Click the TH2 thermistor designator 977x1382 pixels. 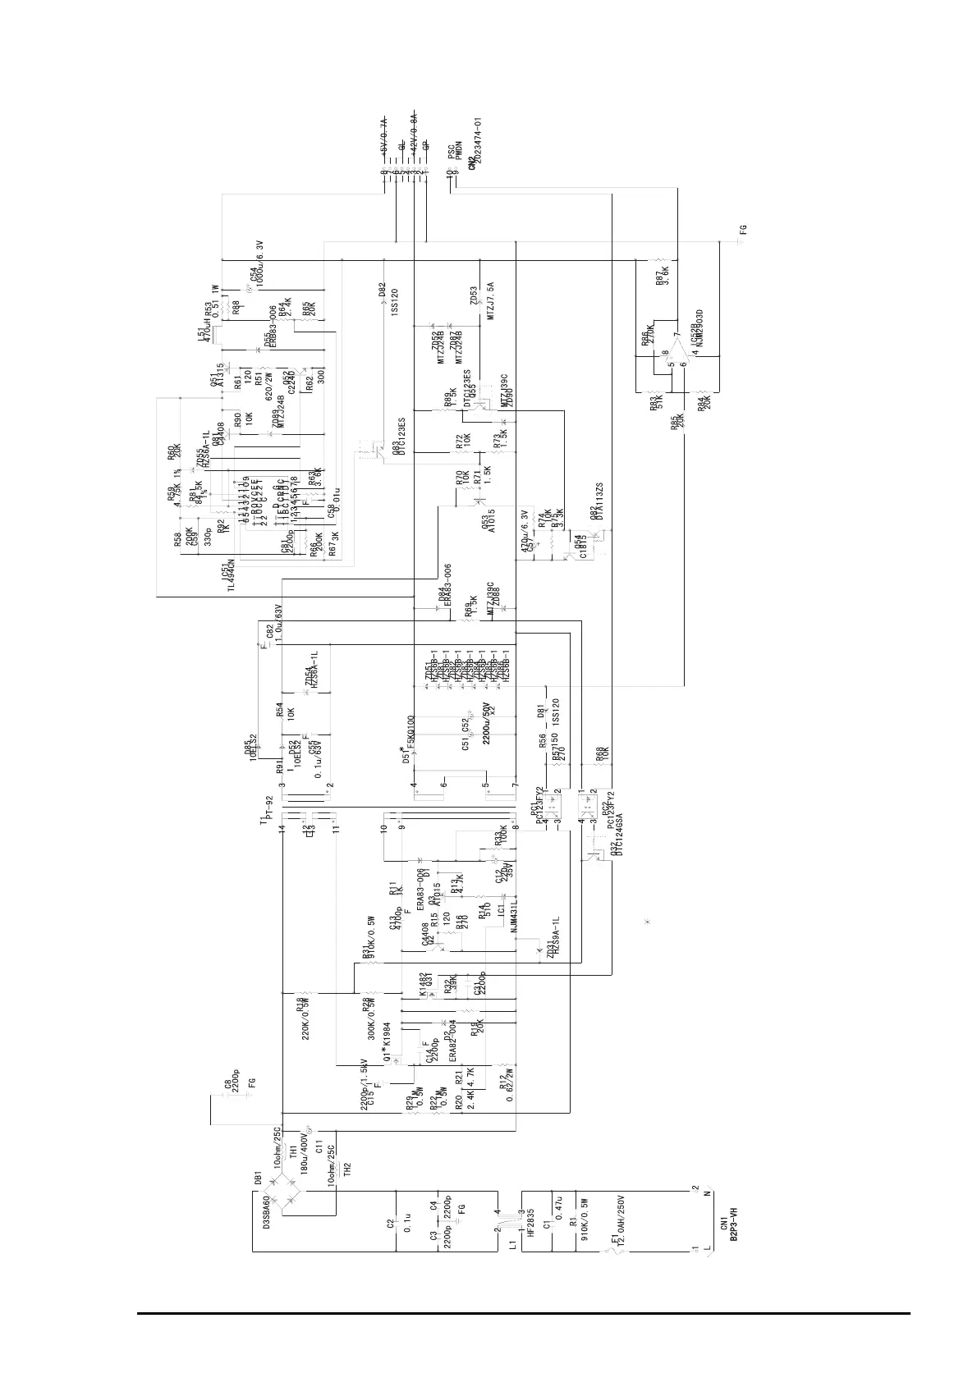click(x=347, y=1169)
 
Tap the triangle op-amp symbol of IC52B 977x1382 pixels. click(x=675, y=359)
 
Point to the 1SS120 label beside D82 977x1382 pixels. click(x=394, y=304)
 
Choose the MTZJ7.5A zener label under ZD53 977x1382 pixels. click(x=491, y=301)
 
